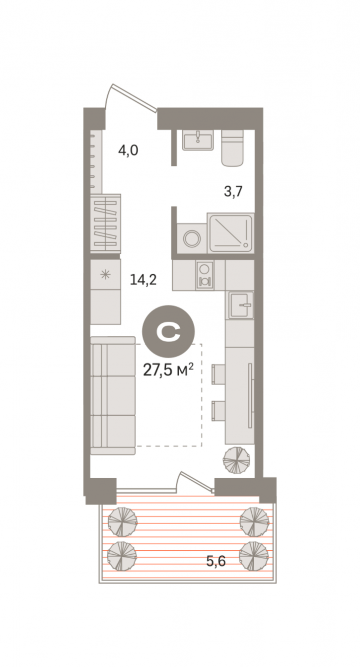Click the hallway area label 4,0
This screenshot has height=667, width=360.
[x=128, y=150]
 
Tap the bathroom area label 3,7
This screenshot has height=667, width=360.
[x=233, y=191]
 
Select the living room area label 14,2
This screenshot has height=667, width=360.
[x=143, y=280]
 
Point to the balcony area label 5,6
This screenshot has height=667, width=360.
[x=216, y=561]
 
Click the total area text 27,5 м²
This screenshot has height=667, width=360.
[x=168, y=370]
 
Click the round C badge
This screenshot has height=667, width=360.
[x=168, y=331]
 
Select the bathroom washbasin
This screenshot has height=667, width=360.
[x=198, y=141]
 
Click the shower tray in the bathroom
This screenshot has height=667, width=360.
[x=231, y=232]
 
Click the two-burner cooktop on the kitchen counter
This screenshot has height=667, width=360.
[x=205, y=275]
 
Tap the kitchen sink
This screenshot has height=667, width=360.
[x=241, y=304]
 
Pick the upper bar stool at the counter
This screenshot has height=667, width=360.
[x=218, y=374]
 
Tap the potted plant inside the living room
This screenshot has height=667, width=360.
[x=236, y=461]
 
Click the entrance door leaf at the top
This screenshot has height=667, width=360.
[x=135, y=98]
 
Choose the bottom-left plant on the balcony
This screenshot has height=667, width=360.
[x=122, y=556]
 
